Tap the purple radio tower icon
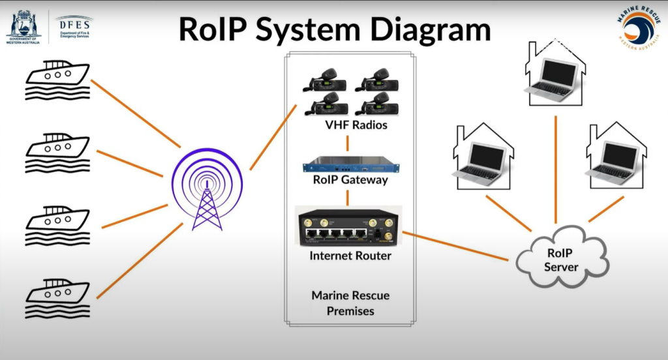click(x=206, y=189)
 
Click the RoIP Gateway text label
click(x=350, y=180)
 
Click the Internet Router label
click(x=350, y=256)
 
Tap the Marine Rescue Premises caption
click(x=350, y=303)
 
